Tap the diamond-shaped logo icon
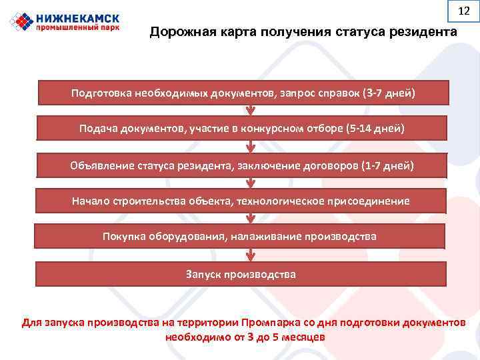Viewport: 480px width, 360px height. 21,21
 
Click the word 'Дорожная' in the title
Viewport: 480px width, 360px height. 179,33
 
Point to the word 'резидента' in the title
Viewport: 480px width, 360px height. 424,33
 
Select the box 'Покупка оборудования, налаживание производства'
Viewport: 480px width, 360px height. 240,237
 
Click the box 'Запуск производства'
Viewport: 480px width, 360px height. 240,274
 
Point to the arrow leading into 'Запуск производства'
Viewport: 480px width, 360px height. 249,255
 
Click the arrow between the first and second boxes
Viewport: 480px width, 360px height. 249,111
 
